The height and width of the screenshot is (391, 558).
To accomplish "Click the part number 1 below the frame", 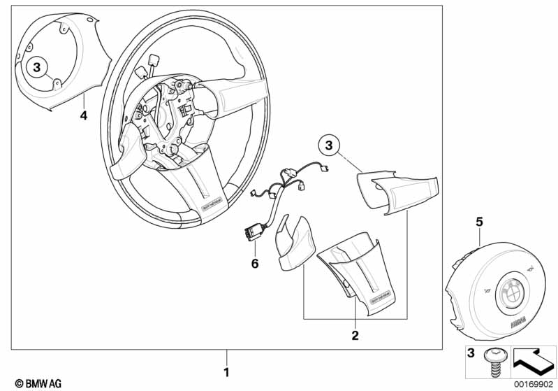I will coord(226,370).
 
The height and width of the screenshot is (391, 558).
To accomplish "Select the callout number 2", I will coord(355,336).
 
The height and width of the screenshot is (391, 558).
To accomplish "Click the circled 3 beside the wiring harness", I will coord(330,146).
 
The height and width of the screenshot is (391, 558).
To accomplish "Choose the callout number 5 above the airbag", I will coord(479,222).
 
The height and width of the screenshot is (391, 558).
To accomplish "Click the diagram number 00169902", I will coord(533,384).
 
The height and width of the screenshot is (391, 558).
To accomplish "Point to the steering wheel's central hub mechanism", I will coord(171,115).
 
